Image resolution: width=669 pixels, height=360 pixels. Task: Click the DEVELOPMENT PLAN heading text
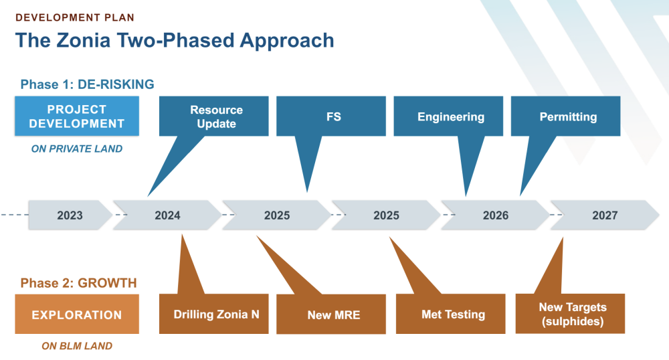click(75, 17)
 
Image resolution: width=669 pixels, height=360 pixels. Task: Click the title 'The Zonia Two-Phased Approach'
click(175, 41)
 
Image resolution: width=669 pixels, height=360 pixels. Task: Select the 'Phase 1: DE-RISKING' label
click(88, 84)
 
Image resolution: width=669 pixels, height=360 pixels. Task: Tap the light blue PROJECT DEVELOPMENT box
click(77, 116)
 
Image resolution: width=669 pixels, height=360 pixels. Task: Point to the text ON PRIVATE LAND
click(77, 149)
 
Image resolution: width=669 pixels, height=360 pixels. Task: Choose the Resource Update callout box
click(214, 116)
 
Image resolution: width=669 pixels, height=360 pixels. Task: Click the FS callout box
click(331, 116)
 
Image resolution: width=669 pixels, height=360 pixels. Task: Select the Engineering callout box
click(448, 116)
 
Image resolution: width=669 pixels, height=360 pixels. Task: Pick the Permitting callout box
click(566, 116)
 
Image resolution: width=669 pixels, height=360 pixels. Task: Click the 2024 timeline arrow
click(167, 215)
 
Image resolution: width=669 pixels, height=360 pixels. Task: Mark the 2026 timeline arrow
click(495, 215)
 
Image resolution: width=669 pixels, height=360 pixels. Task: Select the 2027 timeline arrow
click(605, 215)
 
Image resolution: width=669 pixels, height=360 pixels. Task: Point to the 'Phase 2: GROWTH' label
click(78, 283)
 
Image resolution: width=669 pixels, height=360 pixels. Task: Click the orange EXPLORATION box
click(77, 314)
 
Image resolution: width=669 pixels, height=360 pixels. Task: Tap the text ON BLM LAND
click(77, 346)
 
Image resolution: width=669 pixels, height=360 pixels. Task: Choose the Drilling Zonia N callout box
click(214, 314)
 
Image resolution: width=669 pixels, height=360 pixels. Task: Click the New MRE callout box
click(331, 314)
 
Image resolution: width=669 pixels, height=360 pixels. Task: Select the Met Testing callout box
click(450, 314)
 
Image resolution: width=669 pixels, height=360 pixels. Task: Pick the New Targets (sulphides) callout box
click(571, 314)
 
